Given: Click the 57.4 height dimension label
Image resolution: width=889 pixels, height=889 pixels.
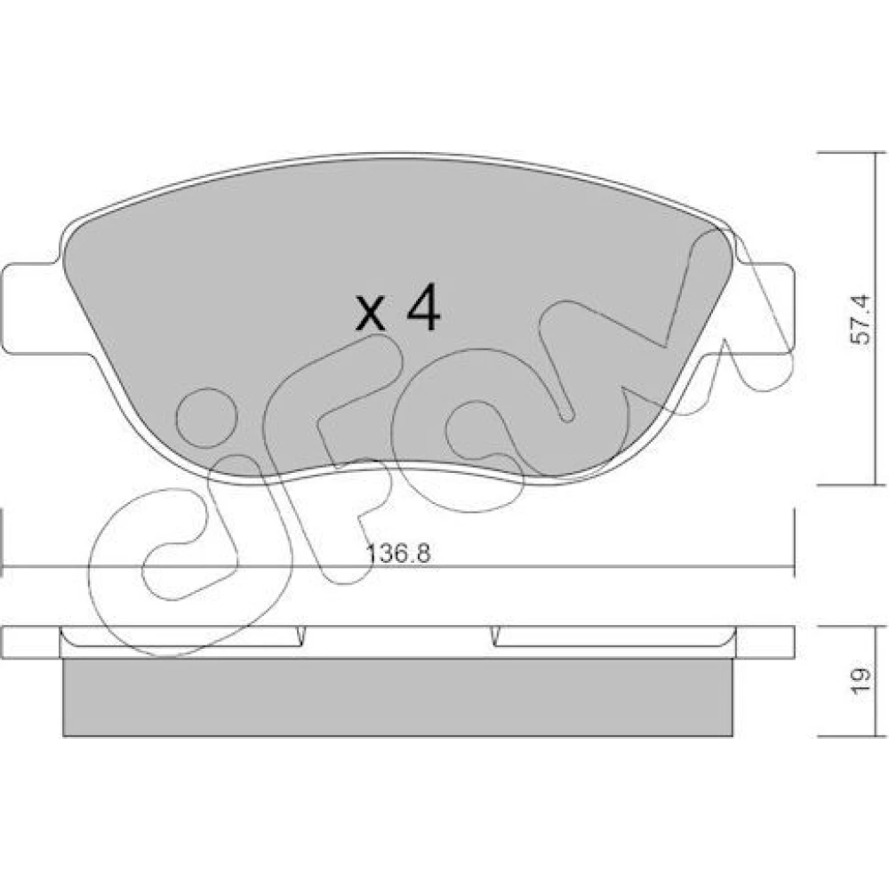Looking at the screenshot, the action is pyautogui.click(x=860, y=319).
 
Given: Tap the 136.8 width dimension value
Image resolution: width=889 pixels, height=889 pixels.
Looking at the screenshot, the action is pyautogui.click(x=398, y=553).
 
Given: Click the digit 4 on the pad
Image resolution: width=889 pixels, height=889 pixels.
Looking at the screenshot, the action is pyautogui.click(x=424, y=308).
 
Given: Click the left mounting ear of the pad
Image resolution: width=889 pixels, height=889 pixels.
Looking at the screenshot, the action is pyautogui.click(x=31, y=309).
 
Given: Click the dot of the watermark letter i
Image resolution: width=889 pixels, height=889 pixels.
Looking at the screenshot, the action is pyautogui.click(x=206, y=417).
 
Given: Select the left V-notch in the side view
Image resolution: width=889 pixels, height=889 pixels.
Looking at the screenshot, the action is pyautogui.click(x=301, y=637).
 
